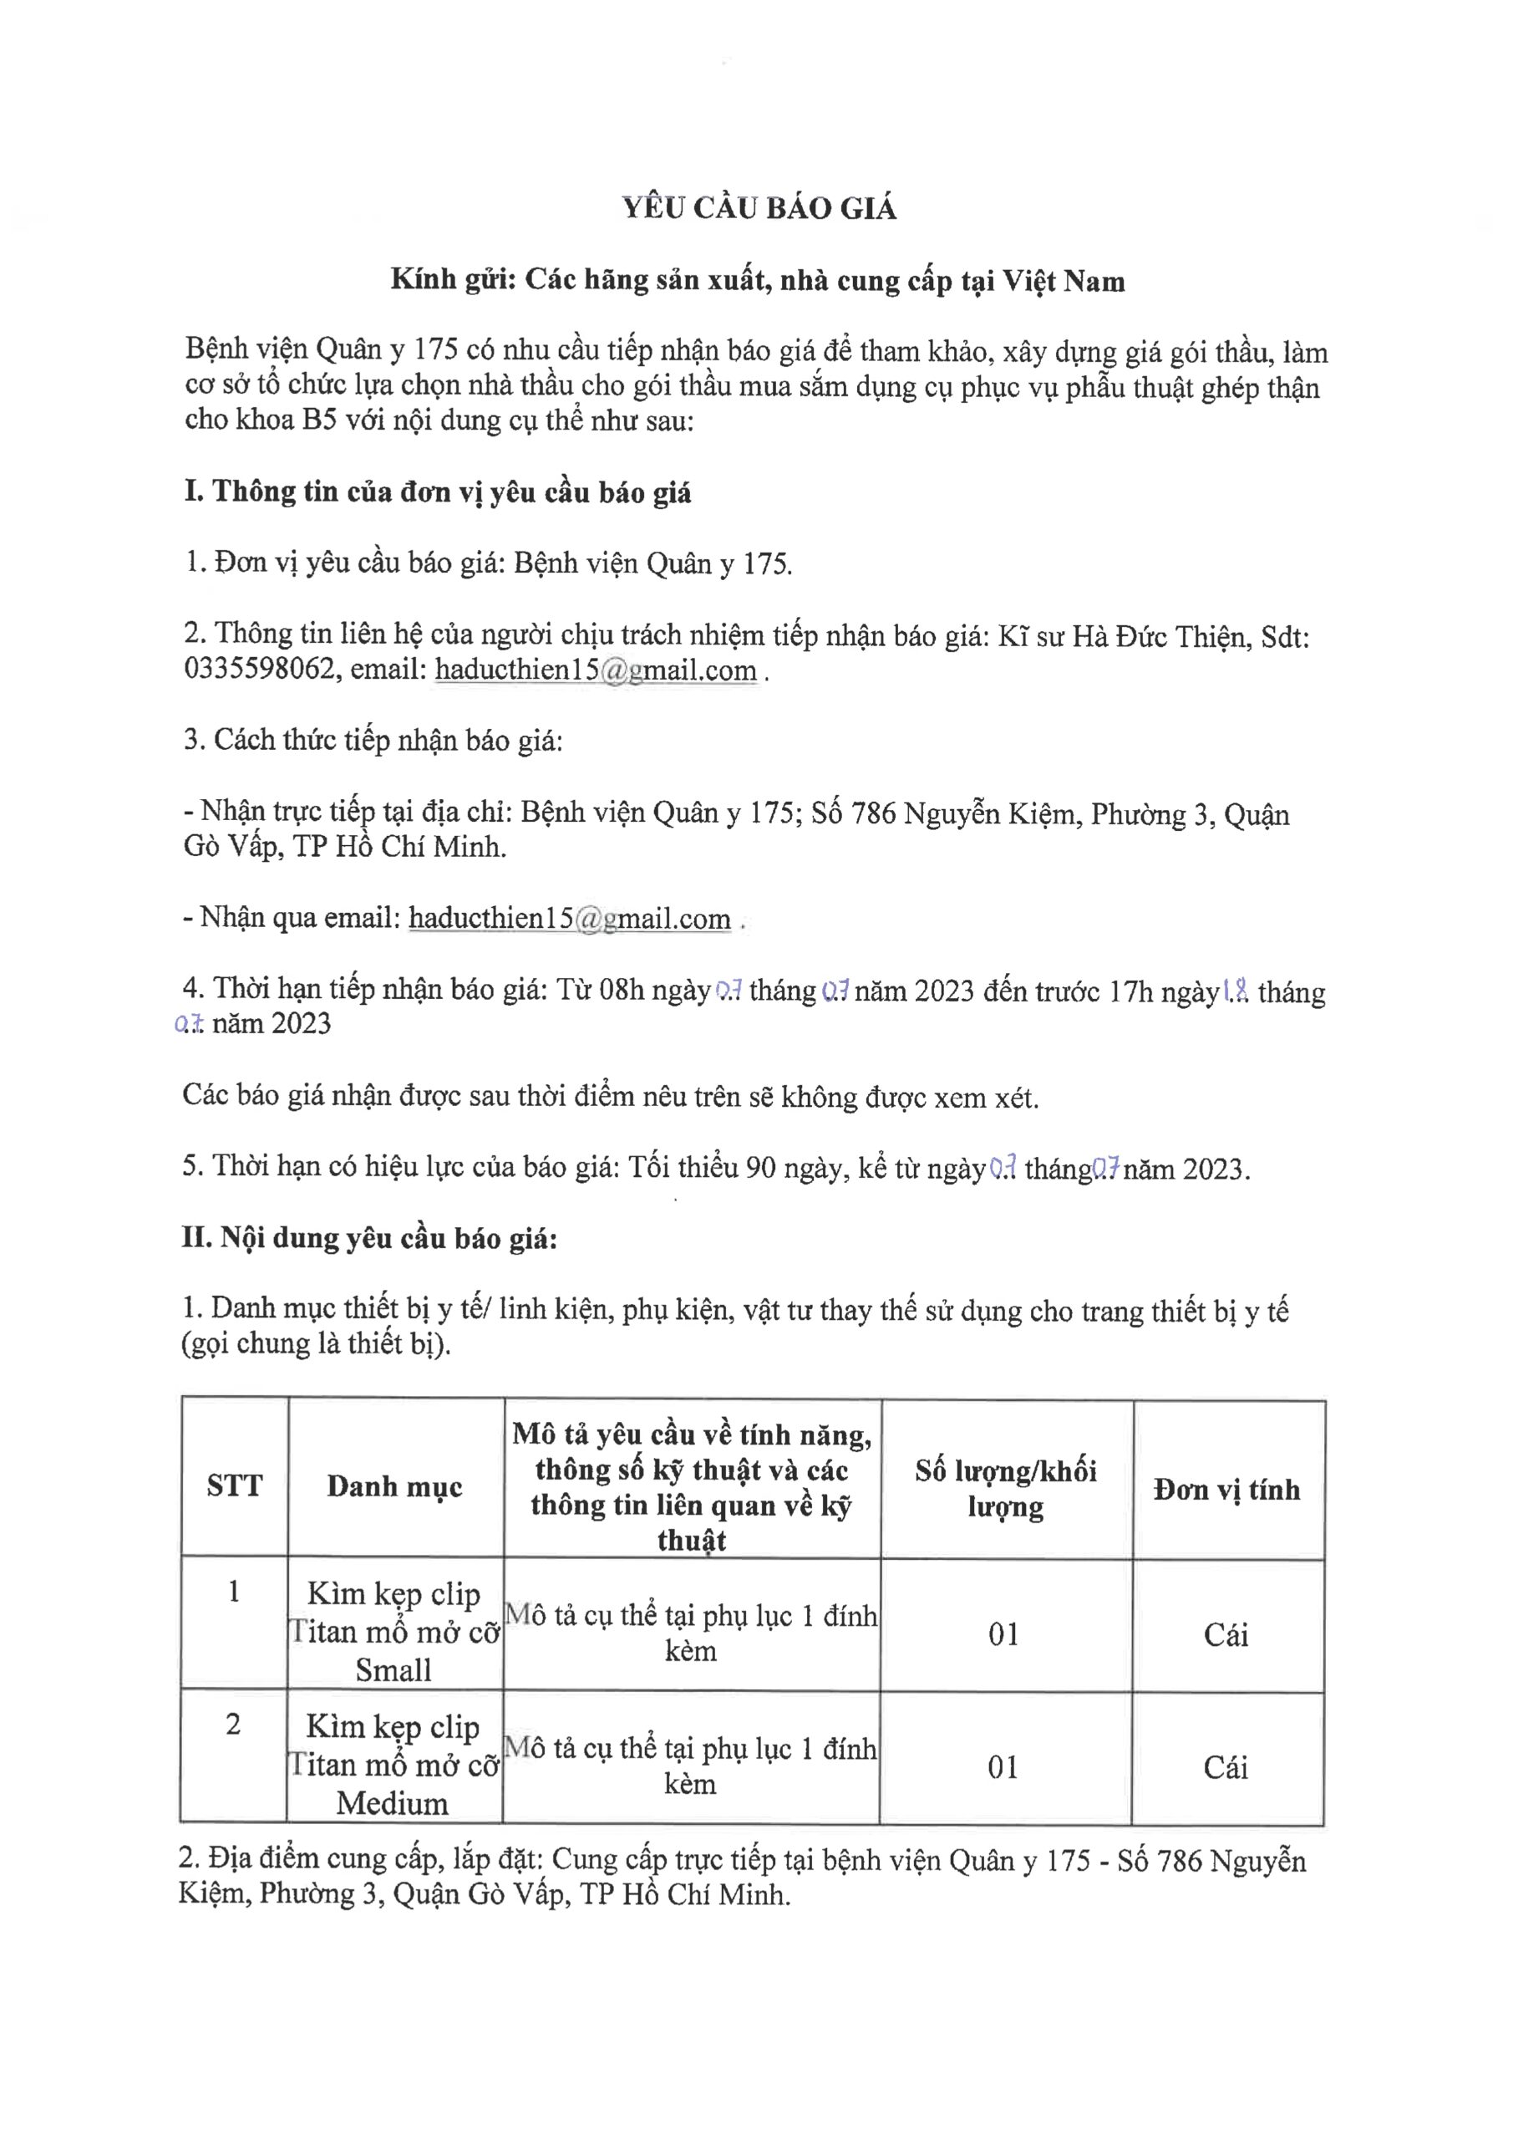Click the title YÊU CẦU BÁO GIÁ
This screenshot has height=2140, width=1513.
(x=759, y=209)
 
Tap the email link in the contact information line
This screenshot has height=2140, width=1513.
(x=596, y=671)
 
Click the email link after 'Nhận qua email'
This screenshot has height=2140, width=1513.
(x=569, y=919)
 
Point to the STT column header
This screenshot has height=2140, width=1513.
(x=234, y=1485)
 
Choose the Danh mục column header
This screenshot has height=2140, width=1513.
(x=394, y=1485)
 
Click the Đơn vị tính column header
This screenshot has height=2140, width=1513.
(x=1226, y=1490)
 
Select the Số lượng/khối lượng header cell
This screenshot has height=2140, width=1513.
(x=1005, y=1489)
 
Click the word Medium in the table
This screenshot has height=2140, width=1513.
(x=392, y=1802)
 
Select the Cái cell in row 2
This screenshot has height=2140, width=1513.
(x=1225, y=1767)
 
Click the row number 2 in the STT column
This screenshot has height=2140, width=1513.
(x=233, y=1725)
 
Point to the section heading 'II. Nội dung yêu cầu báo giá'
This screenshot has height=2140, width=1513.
(x=369, y=1238)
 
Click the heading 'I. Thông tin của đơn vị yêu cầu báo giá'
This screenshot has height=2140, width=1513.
(x=437, y=492)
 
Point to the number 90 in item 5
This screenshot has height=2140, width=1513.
(x=761, y=1167)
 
